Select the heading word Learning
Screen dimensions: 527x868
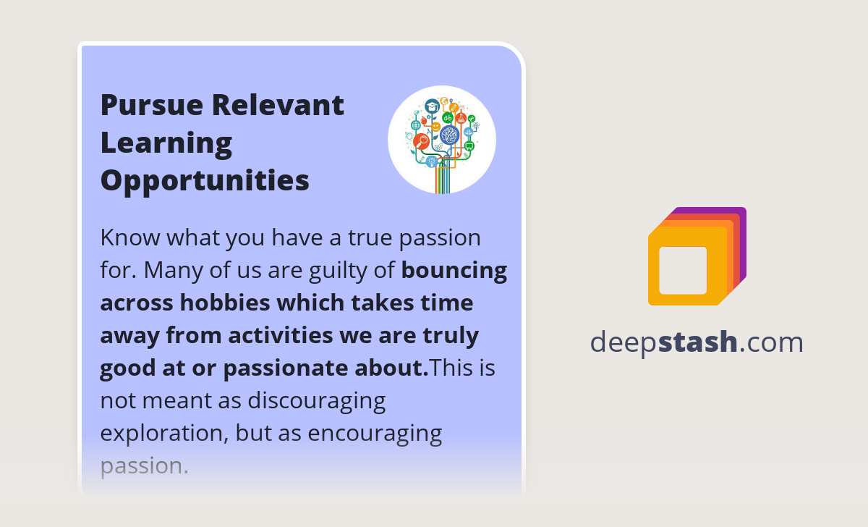tap(166, 143)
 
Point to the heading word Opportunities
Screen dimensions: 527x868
tap(205, 181)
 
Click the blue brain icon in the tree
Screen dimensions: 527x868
tap(449, 135)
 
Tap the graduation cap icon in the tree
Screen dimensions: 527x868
tap(432, 106)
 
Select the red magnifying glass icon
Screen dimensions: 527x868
tap(421, 141)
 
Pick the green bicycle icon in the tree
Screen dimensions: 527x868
tap(448, 117)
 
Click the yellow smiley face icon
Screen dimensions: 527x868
tap(435, 127)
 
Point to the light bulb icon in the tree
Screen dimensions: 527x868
tap(432, 161)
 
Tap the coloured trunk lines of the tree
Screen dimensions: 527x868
tap(443, 181)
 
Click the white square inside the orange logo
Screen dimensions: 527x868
tap(683, 271)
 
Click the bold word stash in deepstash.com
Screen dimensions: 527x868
tap(698, 342)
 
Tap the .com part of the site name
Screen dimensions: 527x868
tap(772, 342)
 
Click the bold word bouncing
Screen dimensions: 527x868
tap(454, 270)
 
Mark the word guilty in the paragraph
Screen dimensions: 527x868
tap(348, 270)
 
